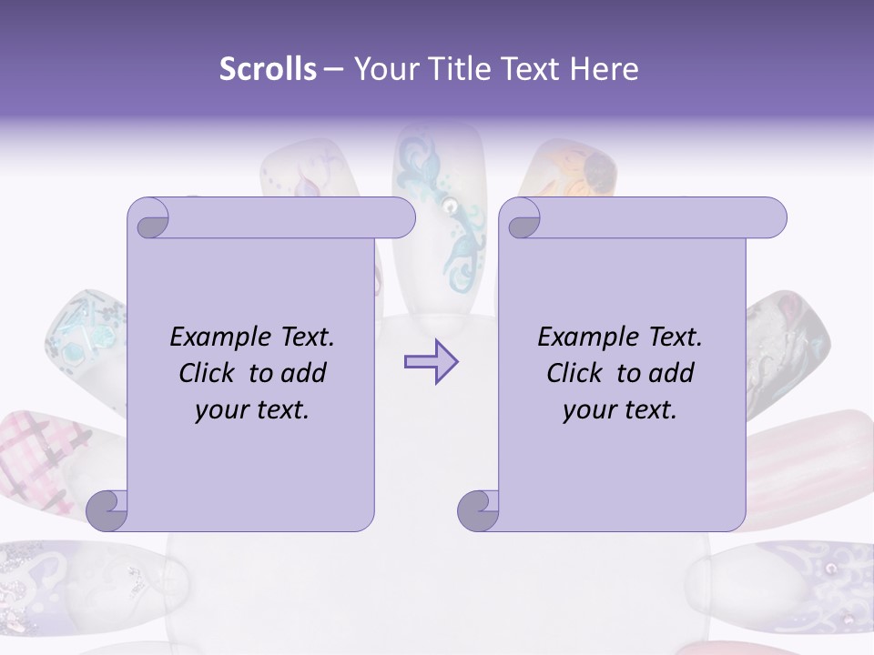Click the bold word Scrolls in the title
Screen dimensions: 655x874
(x=268, y=69)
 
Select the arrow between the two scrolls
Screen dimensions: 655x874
(x=431, y=362)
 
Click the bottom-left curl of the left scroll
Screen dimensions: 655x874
(x=107, y=510)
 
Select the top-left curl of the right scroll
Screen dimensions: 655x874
(x=522, y=219)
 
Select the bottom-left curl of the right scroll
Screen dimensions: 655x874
(x=478, y=510)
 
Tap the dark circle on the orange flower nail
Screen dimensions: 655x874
(x=598, y=169)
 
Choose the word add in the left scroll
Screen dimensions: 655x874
(x=305, y=373)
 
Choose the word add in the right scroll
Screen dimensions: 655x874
(x=673, y=373)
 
